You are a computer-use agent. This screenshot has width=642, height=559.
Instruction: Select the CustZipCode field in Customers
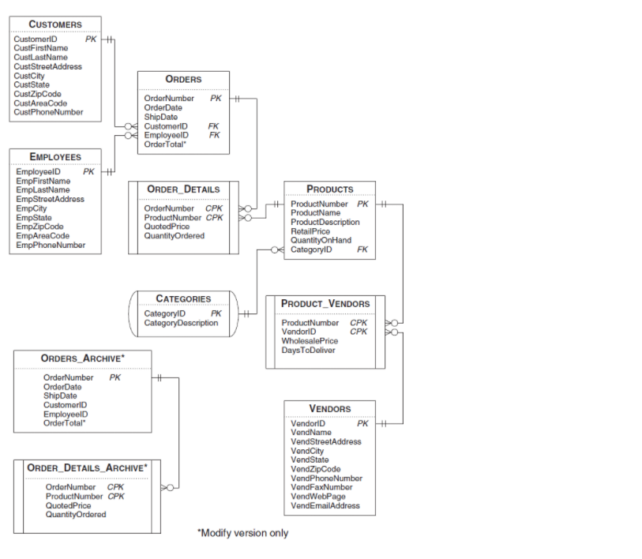click(38, 94)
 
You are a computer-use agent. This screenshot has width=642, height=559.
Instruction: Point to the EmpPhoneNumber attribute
click(51, 245)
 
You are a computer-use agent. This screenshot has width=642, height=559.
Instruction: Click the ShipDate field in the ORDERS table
click(161, 117)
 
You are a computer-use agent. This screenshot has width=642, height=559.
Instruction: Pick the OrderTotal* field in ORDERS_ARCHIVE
click(65, 423)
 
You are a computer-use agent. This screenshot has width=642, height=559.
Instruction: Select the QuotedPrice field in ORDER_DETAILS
click(167, 227)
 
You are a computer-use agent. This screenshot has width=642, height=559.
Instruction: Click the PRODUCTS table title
click(330, 189)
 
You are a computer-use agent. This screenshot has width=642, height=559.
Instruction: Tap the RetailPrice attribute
click(310, 231)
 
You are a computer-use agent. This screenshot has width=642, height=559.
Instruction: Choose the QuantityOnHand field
click(321, 240)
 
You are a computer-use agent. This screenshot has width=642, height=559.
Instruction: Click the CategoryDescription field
click(181, 323)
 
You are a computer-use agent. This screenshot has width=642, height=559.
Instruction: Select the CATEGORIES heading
click(183, 298)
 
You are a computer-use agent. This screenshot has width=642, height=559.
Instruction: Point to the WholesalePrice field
click(310, 341)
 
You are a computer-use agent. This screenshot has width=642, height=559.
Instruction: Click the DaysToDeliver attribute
click(308, 350)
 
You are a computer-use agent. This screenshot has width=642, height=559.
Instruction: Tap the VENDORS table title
click(330, 408)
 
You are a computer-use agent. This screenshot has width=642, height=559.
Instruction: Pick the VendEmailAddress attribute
click(325, 506)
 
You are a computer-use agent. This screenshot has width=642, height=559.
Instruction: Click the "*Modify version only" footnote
click(242, 533)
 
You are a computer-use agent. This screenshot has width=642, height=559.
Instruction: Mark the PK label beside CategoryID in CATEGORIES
click(216, 313)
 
